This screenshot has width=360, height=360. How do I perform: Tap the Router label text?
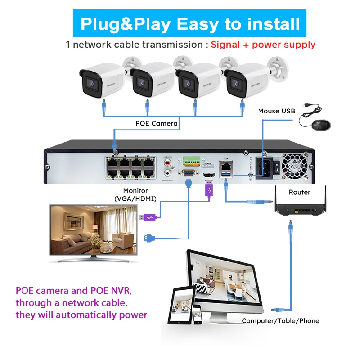click(x=300, y=192)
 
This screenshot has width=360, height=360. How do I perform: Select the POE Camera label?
click(x=157, y=123)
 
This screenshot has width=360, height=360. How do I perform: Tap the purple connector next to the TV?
click(x=148, y=218)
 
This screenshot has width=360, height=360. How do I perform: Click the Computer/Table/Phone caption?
click(x=280, y=321)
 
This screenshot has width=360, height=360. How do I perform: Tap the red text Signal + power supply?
click(x=263, y=45)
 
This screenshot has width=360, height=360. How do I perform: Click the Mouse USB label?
click(x=277, y=111)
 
